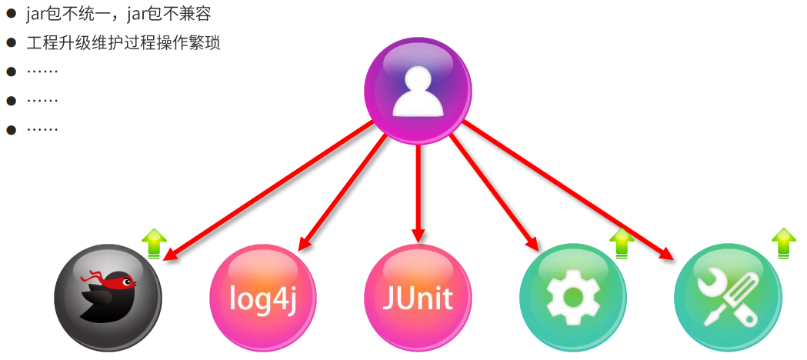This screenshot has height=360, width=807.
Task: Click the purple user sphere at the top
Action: (x=418, y=91)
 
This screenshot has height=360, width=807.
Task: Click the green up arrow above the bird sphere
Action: (x=155, y=243)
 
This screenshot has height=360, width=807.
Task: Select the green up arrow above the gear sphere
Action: (x=622, y=243)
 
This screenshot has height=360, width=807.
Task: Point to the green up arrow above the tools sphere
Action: (x=784, y=242)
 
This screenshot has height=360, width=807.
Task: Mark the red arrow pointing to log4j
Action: (x=342, y=192)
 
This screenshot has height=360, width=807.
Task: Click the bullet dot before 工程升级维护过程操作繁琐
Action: (x=12, y=43)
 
